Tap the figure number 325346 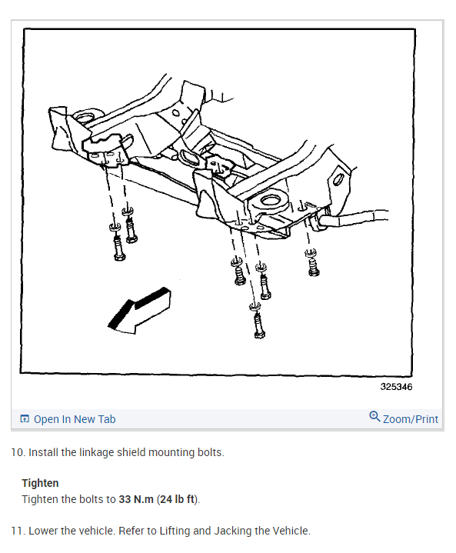pos(395,387)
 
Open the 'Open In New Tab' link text pos(75,419)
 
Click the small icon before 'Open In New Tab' pos(25,419)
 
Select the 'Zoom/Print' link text pos(411,419)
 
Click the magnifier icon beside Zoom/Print pos(374,417)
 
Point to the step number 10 pos(17,452)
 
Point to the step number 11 pos(17,531)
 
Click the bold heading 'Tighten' pos(40,483)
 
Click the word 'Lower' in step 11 pos(44,531)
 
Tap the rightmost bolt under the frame pos(313,265)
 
